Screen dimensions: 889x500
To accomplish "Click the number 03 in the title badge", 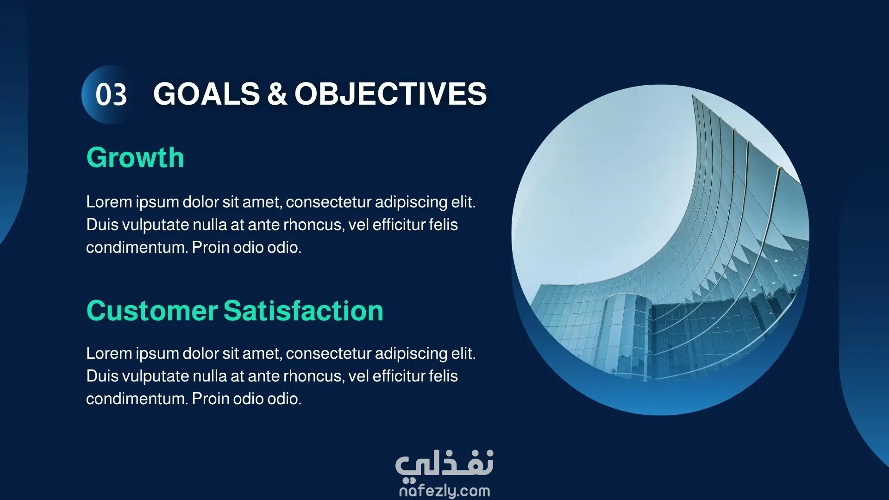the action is coord(111,95).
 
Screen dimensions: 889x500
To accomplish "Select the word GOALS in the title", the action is coord(207,94).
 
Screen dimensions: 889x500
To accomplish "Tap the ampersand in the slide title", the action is coord(277,94).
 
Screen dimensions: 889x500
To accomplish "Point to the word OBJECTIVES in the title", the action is coord(391,94).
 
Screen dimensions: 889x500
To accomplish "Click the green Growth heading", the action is coord(135,158).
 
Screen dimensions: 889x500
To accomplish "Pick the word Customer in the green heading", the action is coord(151,311).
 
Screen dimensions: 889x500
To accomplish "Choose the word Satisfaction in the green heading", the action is coord(304,311).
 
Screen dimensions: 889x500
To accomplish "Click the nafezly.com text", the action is coord(444,491).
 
